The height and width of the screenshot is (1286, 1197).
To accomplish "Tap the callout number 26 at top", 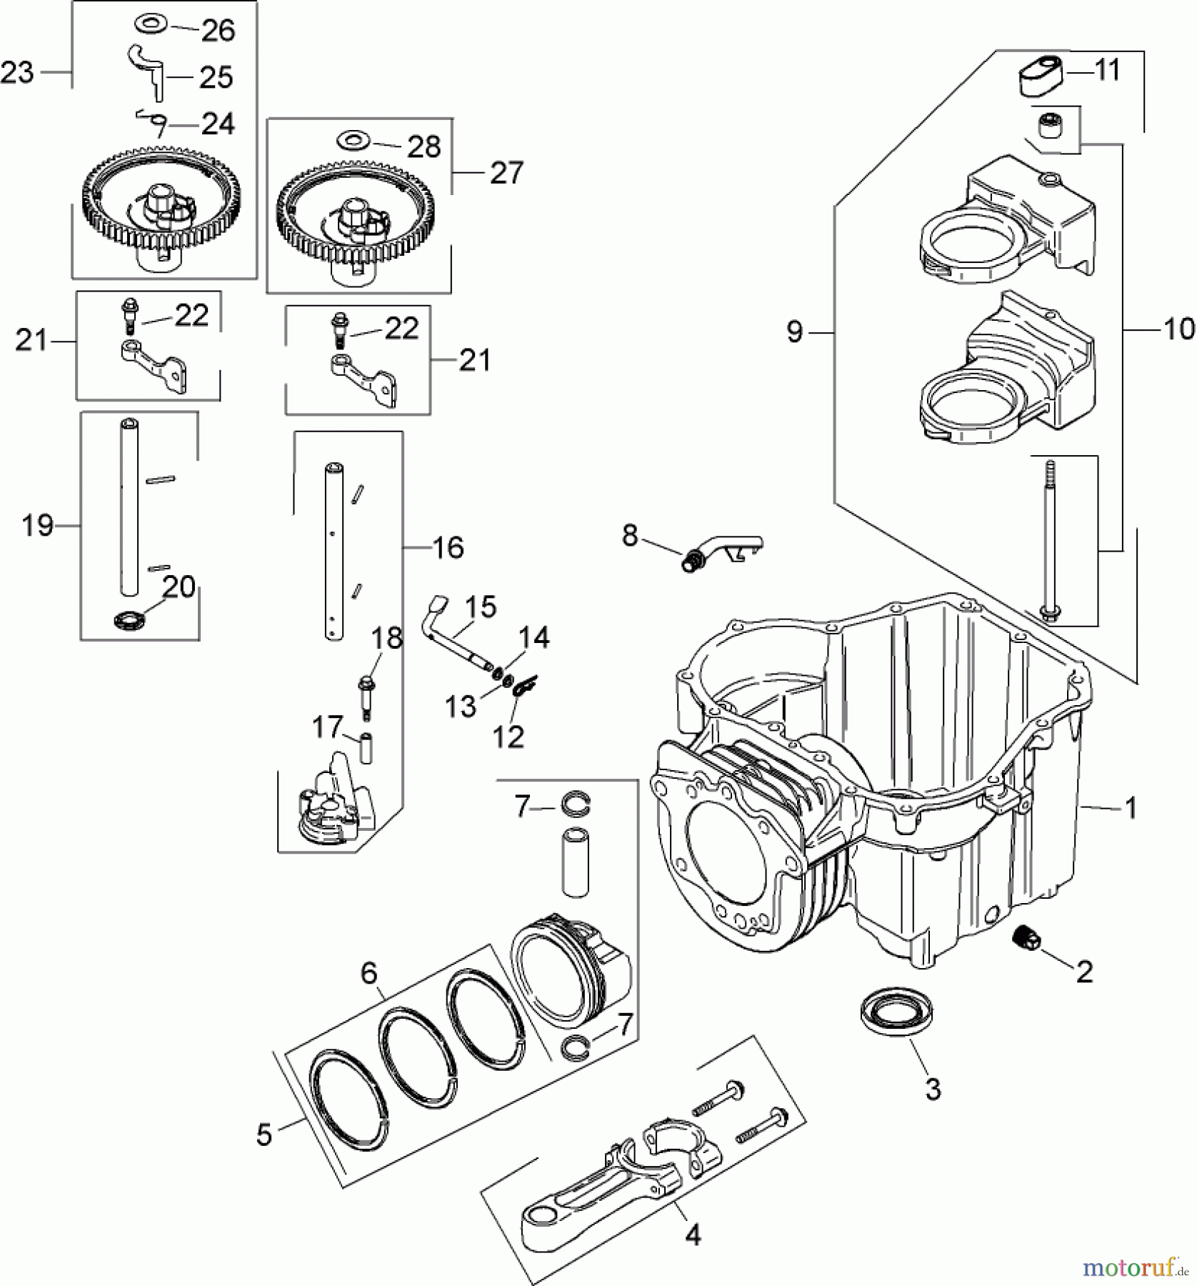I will click(219, 31).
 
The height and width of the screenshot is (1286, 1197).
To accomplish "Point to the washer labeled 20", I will click(129, 618).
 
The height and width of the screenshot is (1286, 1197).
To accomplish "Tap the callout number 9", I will click(794, 332).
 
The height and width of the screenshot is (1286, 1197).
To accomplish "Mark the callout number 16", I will click(449, 547).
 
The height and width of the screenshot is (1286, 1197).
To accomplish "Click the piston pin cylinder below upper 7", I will click(575, 861).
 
